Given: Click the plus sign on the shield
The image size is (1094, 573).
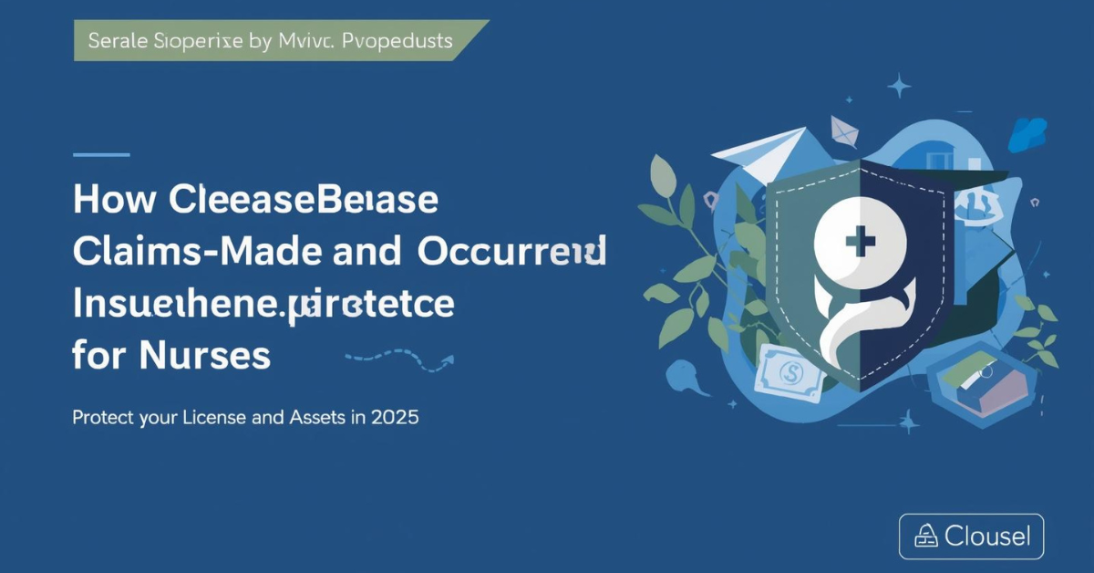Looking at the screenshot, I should point(859,243).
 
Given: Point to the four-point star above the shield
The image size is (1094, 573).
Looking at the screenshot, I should point(900,88).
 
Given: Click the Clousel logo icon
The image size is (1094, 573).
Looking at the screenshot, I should point(925,537).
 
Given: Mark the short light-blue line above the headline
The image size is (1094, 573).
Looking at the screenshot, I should point(100,154).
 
